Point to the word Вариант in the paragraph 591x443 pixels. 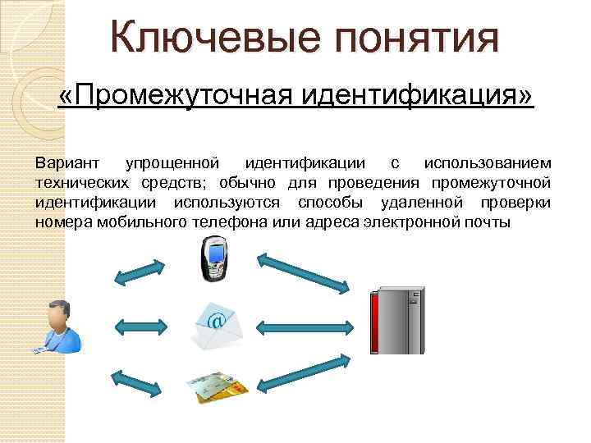[x=65, y=164]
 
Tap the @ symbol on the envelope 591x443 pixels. [x=215, y=321]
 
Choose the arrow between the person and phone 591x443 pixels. [x=143, y=272]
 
